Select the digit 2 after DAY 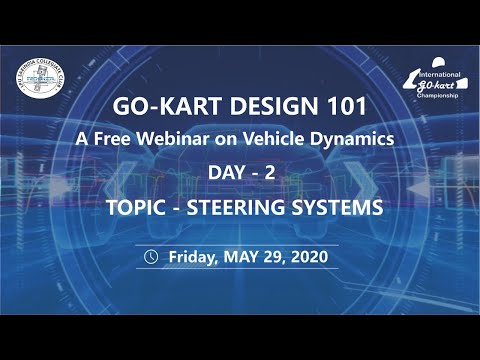267,174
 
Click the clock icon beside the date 151,256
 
